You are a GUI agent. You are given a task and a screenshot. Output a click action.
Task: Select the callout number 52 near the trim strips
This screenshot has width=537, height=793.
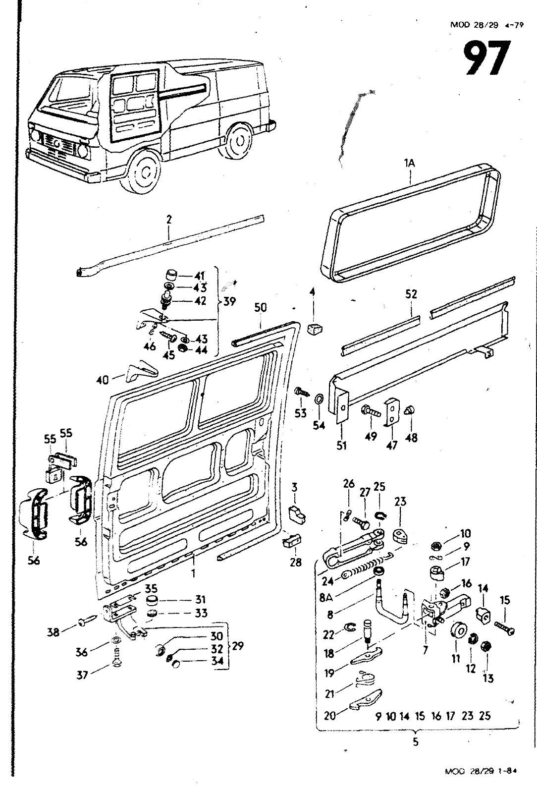(411, 294)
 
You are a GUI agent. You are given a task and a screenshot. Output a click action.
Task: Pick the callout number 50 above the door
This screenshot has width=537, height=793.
(261, 308)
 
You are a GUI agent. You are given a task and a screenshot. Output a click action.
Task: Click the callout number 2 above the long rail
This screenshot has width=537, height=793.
(169, 220)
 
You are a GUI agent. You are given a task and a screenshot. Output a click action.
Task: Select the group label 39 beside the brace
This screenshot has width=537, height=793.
(229, 301)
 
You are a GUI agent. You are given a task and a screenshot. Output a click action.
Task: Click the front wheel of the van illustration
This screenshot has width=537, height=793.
(146, 171)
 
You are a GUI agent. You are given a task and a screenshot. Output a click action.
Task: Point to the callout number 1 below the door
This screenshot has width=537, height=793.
(194, 573)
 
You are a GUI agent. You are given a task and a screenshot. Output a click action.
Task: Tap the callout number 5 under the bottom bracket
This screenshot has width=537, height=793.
(415, 742)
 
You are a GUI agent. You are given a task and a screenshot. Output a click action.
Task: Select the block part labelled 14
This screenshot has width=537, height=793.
(483, 617)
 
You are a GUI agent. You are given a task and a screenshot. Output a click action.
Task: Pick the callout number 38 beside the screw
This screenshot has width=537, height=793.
(53, 632)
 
